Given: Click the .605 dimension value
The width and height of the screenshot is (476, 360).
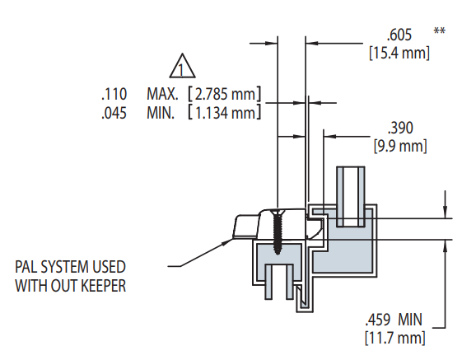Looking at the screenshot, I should (x=400, y=35).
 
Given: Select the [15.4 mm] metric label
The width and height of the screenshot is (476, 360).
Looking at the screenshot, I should (x=399, y=53).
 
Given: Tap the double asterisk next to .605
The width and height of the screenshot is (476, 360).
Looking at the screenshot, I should (x=440, y=31).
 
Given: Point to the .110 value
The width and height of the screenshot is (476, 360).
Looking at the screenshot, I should (x=113, y=93).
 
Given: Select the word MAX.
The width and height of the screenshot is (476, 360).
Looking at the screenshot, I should (x=163, y=93).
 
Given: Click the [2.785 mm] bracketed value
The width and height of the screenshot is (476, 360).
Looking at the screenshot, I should (x=224, y=93).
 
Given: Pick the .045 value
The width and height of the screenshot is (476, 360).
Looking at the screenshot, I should (x=113, y=113).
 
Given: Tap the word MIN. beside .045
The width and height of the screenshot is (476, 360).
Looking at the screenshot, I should (x=161, y=113).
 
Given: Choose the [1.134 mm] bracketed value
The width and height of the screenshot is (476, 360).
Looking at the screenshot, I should (x=224, y=113).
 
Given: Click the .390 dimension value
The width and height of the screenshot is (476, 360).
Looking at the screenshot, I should (x=399, y=128).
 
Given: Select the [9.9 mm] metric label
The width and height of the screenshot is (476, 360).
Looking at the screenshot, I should (x=400, y=147).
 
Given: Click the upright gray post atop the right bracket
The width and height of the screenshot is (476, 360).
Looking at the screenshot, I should (x=352, y=196).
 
